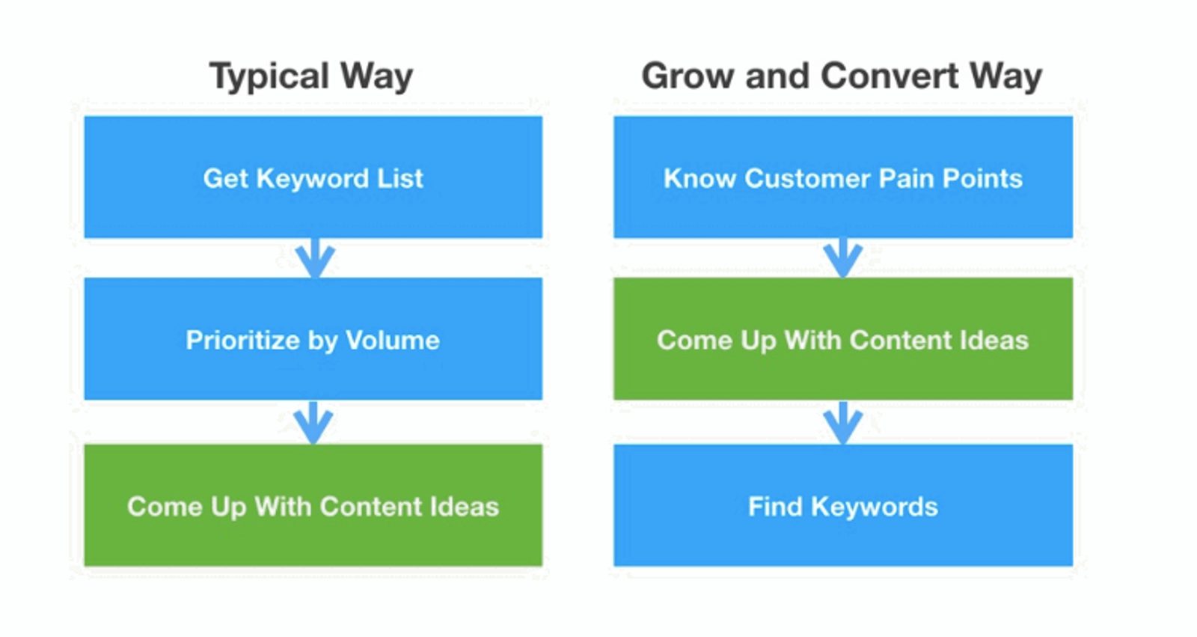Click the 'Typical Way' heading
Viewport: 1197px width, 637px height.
[x=311, y=76]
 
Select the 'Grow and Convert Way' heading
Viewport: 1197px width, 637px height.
[x=842, y=76]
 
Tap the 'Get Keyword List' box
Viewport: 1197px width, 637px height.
[x=313, y=177]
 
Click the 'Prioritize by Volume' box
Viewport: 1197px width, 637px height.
[x=313, y=339]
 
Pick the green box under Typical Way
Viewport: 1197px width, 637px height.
[x=313, y=505]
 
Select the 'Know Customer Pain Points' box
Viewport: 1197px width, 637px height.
[x=843, y=177]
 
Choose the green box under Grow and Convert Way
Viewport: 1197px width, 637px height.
[x=843, y=339]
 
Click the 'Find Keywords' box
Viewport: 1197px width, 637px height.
[x=843, y=505]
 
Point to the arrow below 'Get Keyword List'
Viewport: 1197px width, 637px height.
[x=314, y=258]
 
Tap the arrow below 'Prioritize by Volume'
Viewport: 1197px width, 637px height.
[x=313, y=422]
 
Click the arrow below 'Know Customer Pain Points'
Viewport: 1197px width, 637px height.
[x=843, y=258]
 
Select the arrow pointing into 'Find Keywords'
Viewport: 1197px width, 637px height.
[x=843, y=422]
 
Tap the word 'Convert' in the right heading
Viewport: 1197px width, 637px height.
[x=890, y=76]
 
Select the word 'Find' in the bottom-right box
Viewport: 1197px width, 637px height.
[x=775, y=507]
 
